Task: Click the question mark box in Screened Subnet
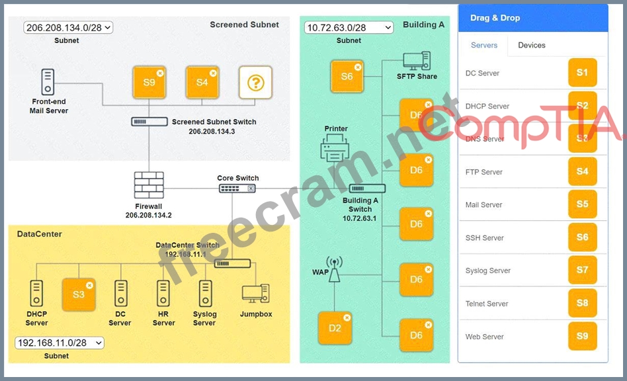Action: [255, 83]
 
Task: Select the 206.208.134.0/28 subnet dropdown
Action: [69, 27]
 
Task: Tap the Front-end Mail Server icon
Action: [48, 82]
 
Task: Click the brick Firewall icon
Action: [149, 185]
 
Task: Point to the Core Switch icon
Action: [237, 189]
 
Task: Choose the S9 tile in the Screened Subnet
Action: [149, 83]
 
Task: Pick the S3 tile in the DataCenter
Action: [79, 294]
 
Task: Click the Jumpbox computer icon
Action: [255, 294]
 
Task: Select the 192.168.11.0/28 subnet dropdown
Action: [60, 343]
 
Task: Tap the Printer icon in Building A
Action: [335, 148]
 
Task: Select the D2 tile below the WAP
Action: [335, 327]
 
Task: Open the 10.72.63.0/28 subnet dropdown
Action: [349, 27]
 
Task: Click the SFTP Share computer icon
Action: [417, 62]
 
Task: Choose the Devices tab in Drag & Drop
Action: [532, 45]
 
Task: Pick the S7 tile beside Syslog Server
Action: [582, 270]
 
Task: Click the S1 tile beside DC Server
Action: [582, 73]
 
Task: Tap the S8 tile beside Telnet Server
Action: [582, 303]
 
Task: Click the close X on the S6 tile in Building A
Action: [358, 67]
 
